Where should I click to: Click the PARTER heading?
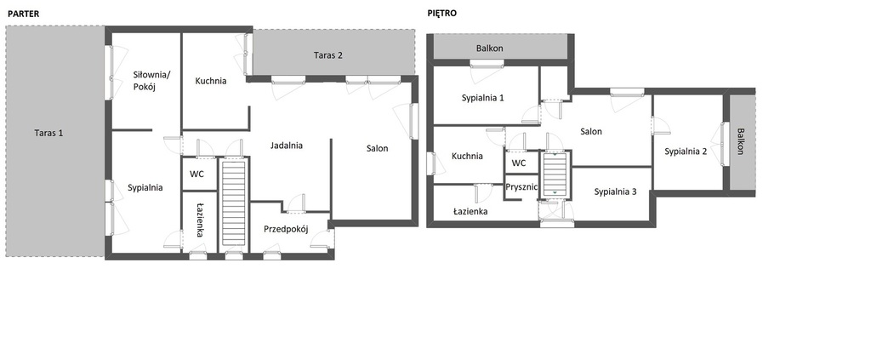[x=23, y=14]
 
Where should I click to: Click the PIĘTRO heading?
[x=442, y=14]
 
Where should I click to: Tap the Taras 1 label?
[x=48, y=133]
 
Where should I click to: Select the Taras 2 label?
[x=328, y=55]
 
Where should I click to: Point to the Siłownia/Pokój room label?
[x=146, y=81]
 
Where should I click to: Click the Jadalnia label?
[x=287, y=146]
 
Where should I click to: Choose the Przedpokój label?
[x=286, y=229]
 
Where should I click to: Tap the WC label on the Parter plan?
[x=196, y=174]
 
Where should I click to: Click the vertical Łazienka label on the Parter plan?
[x=200, y=220]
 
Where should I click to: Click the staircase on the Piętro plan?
[x=554, y=174]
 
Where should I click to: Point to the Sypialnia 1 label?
[x=483, y=98]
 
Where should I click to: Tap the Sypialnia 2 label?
[x=686, y=151]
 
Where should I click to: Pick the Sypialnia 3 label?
[x=615, y=191]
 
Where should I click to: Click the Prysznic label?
[x=521, y=187]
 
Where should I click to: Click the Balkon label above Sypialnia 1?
[x=489, y=49]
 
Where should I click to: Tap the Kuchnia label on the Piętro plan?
[x=467, y=156]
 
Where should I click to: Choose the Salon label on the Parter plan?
[x=377, y=148]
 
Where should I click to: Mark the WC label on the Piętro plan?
[x=518, y=163]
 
